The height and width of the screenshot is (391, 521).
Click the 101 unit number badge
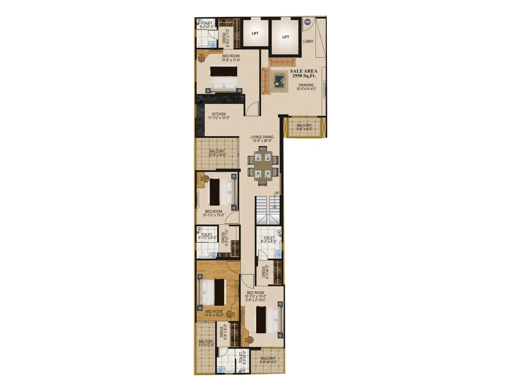coord(307,22)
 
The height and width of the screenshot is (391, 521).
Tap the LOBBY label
coord(308,41)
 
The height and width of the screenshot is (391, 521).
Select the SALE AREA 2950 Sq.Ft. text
coord(303,73)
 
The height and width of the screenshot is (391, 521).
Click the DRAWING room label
coord(306,87)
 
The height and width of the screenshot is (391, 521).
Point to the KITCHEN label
coord(219,116)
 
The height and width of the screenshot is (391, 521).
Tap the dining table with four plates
coord(263,166)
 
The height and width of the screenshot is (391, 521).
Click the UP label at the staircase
coord(276,193)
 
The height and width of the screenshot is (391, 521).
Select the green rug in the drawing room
coord(278,80)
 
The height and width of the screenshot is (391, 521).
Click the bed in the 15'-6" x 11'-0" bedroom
coord(223,79)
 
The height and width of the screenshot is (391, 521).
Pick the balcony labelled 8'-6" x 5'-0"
coord(304,127)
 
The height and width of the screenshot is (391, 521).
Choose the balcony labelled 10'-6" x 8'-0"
coord(217,153)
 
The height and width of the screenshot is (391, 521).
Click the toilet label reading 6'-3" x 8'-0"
coord(269,240)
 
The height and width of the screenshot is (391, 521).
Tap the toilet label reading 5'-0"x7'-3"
coord(206,25)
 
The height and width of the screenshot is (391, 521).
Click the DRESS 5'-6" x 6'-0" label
coord(223,334)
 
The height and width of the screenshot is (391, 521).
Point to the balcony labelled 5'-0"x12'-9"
coord(206,343)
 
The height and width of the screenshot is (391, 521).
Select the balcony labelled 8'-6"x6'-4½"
coord(268,360)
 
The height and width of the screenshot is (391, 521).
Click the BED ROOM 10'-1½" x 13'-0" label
coord(214,213)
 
